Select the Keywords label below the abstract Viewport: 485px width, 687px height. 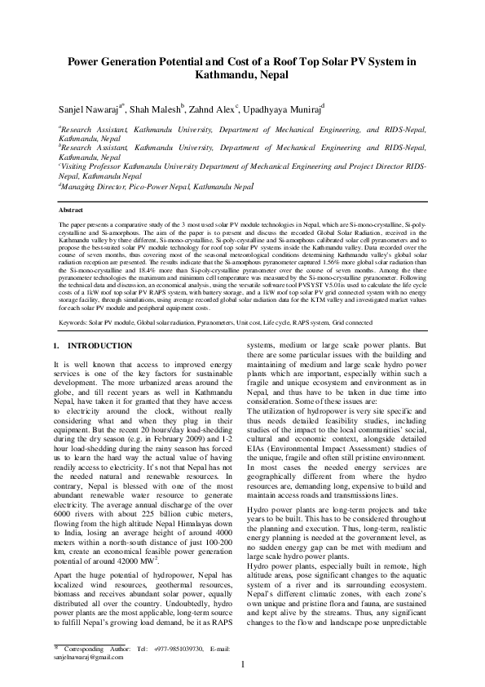point(73,322)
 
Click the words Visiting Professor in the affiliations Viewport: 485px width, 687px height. point(91,165)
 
